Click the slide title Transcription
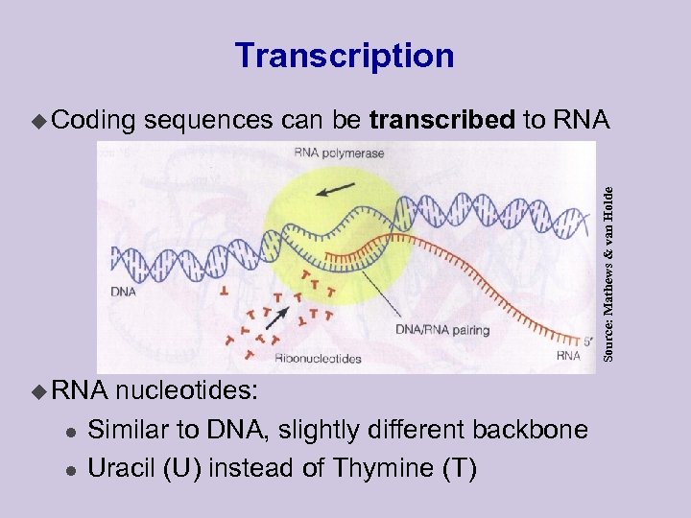tap(345, 56)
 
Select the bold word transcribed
tap(441, 120)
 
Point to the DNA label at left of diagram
tap(123, 291)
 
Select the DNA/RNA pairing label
tap(441, 330)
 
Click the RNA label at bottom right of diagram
tap(569, 356)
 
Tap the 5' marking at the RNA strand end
tap(577, 337)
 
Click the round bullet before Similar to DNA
tap(68, 431)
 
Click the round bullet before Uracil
tap(68, 469)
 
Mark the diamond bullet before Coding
tap(38, 121)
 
